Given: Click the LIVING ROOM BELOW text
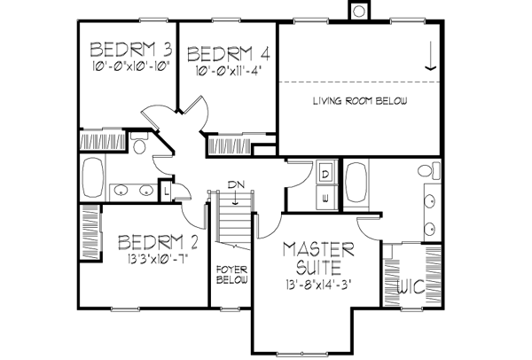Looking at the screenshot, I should (x=360, y=102).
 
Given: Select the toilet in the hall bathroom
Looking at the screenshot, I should (x=138, y=146).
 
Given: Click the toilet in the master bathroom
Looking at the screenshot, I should (x=425, y=170).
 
